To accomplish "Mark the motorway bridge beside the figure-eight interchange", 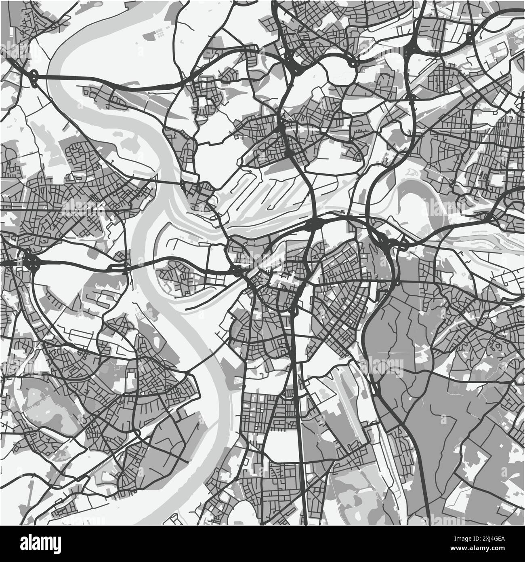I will tap(61, 76).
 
